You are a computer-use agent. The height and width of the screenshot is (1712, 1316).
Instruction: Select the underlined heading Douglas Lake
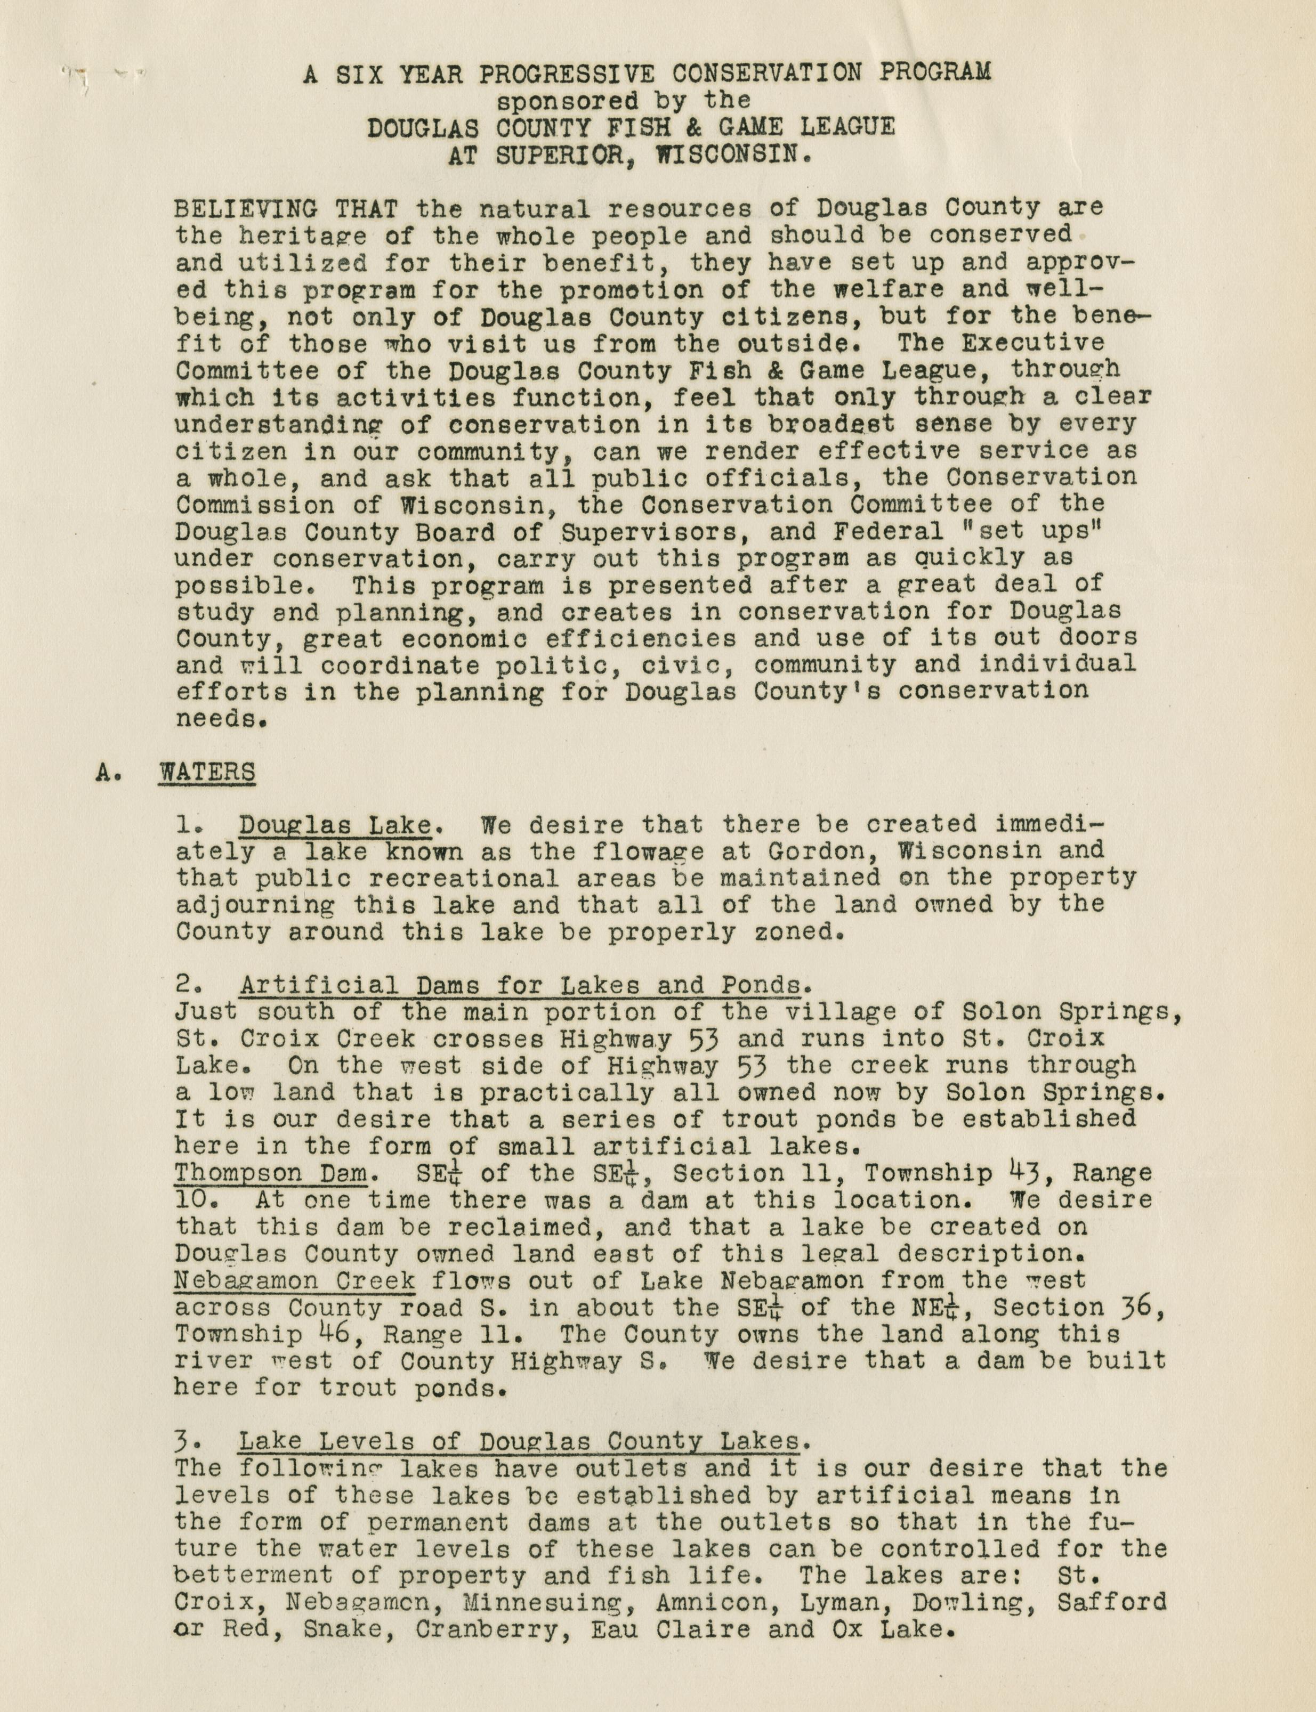coord(335,825)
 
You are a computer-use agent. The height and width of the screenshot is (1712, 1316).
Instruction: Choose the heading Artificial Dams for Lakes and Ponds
coord(519,985)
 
